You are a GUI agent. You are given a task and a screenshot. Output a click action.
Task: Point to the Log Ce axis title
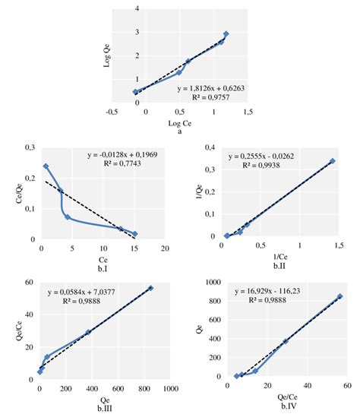pos(179,123)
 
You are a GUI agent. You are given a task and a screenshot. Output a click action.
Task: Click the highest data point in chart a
pos(226,34)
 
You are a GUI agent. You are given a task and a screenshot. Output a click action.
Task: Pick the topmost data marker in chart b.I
pos(46,166)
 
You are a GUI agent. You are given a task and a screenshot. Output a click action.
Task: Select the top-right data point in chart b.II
pos(332,161)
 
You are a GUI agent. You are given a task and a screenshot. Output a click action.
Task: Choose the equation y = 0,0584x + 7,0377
pos(84,292)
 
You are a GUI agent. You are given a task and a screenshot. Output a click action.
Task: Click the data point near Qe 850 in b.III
pos(150,288)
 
